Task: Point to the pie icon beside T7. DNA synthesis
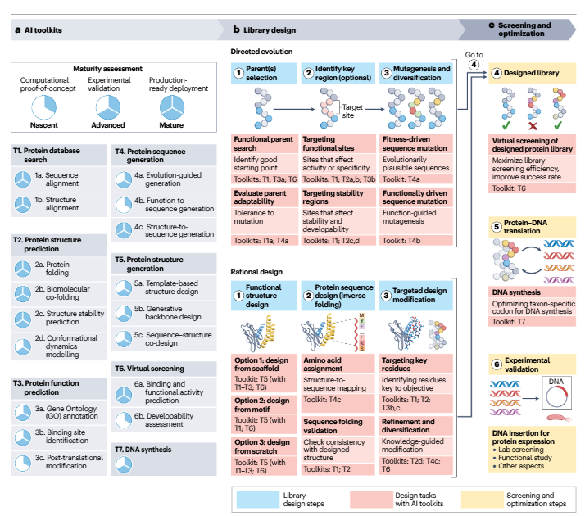click(x=125, y=463)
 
